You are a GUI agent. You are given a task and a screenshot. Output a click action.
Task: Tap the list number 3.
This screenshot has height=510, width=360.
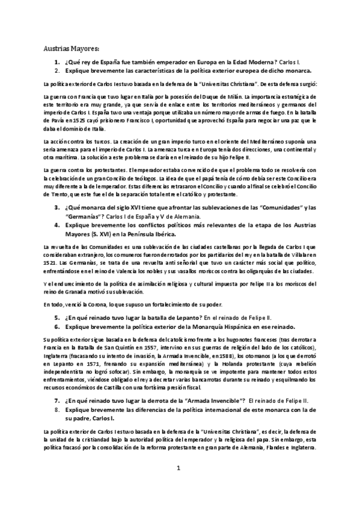coord(56,208)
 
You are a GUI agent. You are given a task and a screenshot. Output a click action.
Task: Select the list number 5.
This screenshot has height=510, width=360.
coord(56,316)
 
